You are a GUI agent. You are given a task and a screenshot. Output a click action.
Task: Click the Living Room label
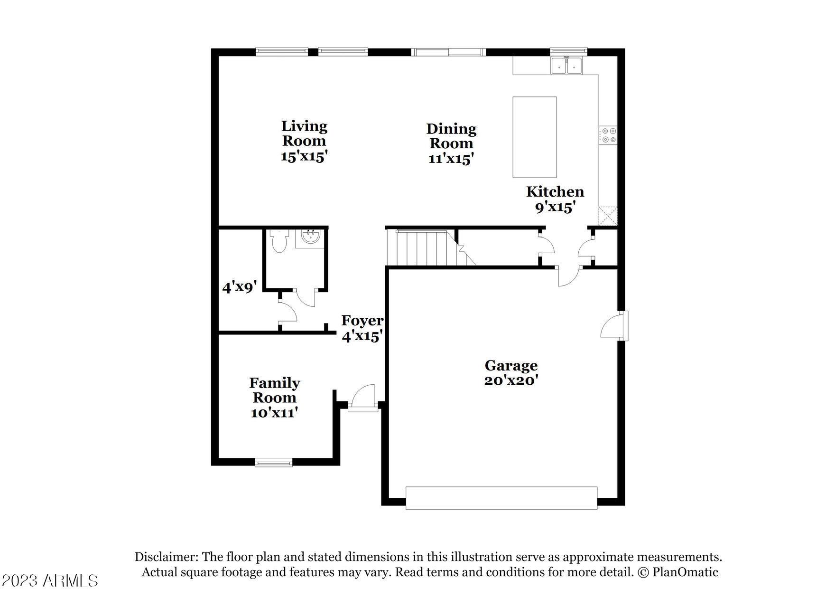click(304, 133)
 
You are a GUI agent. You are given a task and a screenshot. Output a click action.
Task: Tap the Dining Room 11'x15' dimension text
click(451, 159)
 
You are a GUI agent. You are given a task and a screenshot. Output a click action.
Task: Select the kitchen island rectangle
click(535, 137)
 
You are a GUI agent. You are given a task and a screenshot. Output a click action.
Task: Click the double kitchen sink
click(567, 66)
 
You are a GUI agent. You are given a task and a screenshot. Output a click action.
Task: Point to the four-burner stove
click(608, 135)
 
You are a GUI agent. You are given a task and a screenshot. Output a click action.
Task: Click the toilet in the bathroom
click(278, 241)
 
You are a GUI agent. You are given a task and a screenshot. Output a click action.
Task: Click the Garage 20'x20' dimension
click(511, 380)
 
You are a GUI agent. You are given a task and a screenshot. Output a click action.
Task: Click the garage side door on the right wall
click(614, 325)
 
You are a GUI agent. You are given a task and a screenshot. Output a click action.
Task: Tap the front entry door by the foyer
click(363, 398)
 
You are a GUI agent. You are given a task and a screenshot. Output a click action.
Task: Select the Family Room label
click(275, 390)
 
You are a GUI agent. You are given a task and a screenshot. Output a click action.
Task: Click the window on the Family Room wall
click(274, 462)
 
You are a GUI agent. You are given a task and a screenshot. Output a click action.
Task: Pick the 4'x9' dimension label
click(240, 287)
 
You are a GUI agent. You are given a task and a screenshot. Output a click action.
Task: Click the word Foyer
click(362, 321)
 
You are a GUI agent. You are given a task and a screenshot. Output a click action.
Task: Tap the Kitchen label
click(555, 192)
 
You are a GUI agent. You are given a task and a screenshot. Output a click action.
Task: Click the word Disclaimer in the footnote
click(166, 557)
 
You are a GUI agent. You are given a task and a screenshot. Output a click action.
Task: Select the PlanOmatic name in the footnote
click(686, 572)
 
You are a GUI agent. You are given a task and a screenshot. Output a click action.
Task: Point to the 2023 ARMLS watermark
click(50, 580)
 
